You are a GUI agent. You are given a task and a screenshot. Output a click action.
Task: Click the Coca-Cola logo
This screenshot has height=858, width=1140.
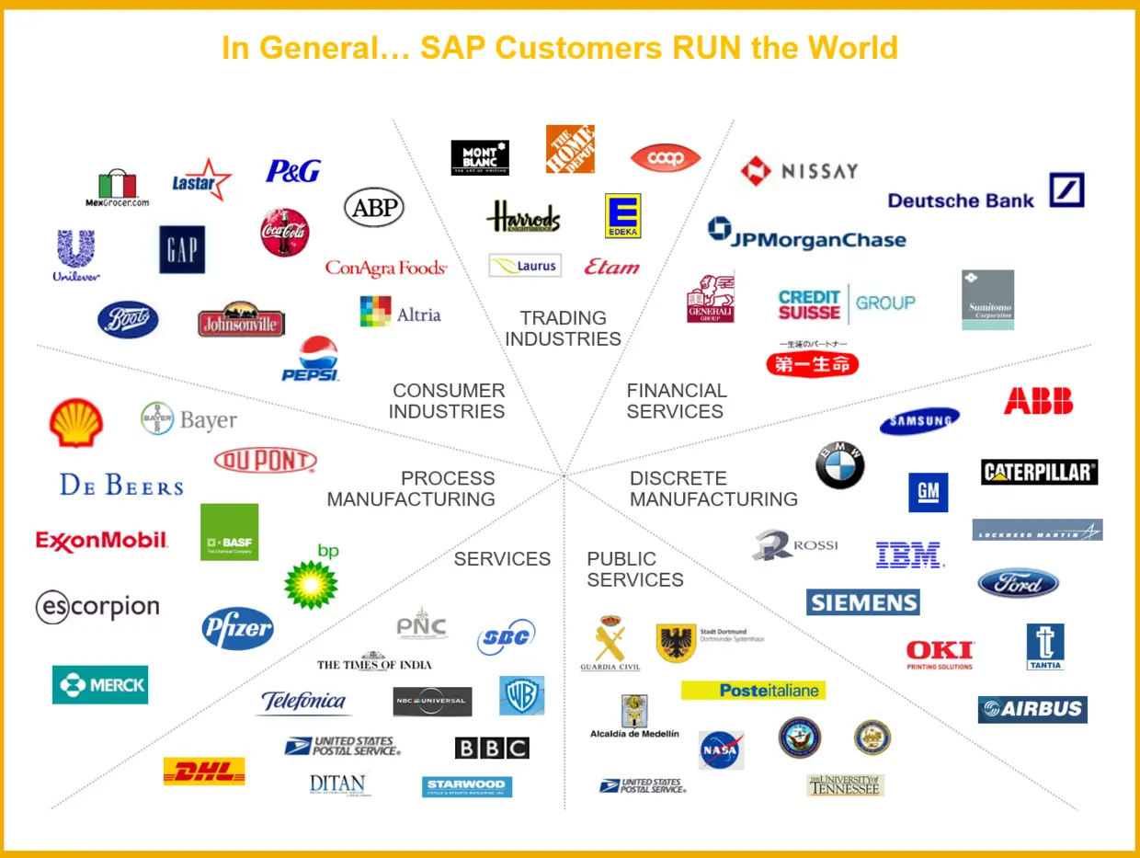click(285, 232)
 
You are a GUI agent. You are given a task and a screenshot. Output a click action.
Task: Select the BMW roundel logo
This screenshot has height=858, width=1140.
click(840, 465)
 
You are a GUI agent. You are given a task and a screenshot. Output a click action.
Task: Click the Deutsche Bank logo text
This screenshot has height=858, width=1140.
click(962, 200)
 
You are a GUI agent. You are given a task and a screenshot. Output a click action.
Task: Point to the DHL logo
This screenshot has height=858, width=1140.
click(204, 771)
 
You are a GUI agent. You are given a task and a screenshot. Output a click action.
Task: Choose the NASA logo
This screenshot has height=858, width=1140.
click(721, 749)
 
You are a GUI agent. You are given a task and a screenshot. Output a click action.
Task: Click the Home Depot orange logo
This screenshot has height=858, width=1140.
click(570, 149)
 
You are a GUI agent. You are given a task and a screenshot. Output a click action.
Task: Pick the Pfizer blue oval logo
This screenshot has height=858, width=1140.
click(237, 629)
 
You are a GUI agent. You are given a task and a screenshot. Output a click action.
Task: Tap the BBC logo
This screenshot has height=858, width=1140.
click(492, 748)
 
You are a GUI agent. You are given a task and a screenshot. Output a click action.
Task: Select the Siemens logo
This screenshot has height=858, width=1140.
click(863, 602)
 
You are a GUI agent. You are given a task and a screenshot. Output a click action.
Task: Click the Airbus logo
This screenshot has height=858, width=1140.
click(1032, 709)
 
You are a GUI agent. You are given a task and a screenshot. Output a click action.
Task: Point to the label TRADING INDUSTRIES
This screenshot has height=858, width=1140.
click(563, 328)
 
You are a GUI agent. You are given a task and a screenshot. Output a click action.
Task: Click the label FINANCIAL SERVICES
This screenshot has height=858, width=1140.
click(676, 401)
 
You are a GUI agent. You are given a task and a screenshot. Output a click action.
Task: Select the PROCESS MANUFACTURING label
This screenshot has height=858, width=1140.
click(411, 488)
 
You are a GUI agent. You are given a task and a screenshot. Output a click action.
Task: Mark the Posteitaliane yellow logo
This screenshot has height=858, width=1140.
click(753, 690)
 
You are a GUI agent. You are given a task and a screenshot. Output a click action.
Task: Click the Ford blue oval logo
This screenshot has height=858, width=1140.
click(1018, 583)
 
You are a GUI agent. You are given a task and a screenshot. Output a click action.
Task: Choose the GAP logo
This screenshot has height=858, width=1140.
click(182, 249)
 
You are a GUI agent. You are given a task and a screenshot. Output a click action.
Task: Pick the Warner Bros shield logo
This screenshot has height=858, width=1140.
click(521, 695)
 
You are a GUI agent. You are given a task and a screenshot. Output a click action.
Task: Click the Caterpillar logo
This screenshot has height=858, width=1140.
click(1039, 472)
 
